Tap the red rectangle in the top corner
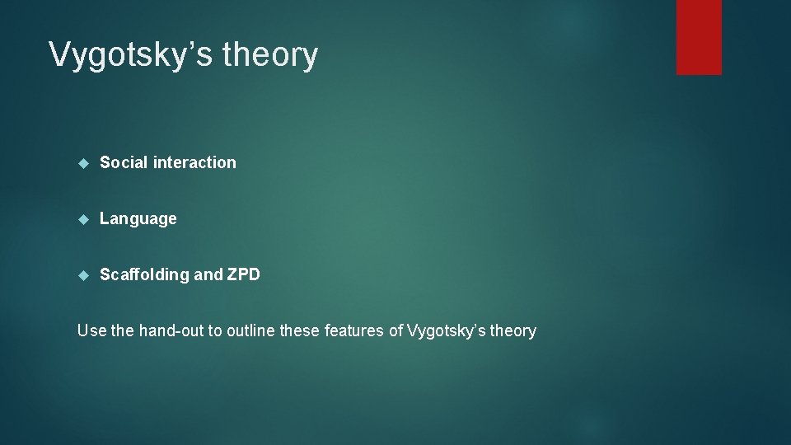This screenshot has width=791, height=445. point(699,37)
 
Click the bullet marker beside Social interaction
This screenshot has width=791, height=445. point(82,163)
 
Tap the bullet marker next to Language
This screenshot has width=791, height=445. point(82,219)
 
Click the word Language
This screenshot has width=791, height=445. point(138,218)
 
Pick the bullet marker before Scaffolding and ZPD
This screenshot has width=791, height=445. point(82,275)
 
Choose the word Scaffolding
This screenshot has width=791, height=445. point(144,274)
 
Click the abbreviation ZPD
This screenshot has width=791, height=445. point(243,274)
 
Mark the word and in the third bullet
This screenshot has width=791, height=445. point(208,274)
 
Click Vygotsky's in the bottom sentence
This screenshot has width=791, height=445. point(445,330)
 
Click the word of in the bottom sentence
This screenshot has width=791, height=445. point(395,330)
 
